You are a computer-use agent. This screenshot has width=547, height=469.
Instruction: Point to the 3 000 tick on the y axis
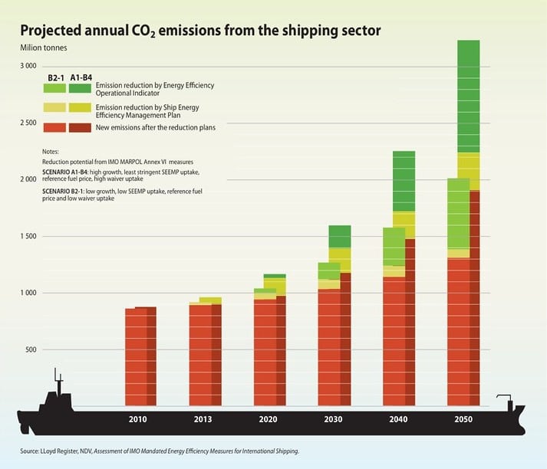(28, 67)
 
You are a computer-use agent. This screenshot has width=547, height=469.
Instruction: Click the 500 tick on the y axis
(31, 349)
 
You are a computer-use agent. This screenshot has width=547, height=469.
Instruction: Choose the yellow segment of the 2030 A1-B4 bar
(340, 259)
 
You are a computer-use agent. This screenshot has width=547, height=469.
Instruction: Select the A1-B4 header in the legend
(79, 77)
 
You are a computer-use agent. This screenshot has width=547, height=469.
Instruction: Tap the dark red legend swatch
(80, 127)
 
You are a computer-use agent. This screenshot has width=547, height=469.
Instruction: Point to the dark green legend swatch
(80, 89)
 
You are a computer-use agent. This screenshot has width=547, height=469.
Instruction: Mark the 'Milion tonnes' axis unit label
(43, 49)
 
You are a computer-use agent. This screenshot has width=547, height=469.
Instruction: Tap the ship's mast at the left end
(56, 380)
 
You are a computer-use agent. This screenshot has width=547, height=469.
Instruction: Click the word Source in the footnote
(31, 451)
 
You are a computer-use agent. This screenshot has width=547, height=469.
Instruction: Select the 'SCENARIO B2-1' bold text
(65, 189)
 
